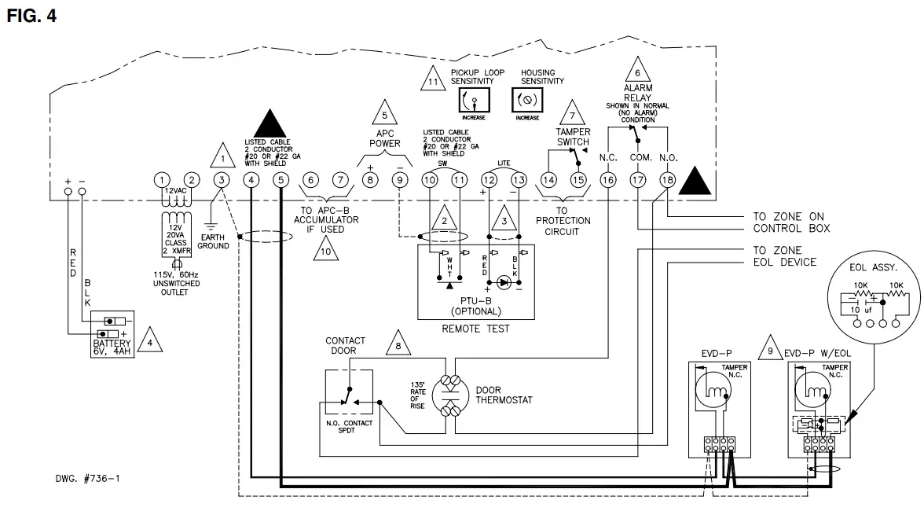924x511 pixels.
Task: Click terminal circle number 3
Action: pyautogui.click(x=222, y=180)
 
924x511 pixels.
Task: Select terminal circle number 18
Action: pyautogui.click(x=668, y=180)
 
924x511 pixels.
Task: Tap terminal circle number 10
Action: pyautogui.click(x=429, y=180)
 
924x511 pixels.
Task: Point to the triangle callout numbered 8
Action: pyautogui.click(x=398, y=344)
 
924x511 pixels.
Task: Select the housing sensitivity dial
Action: pyautogui.click(x=526, y=100)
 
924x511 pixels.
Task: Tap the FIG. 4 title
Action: pyautogui.click(x=31, y=16)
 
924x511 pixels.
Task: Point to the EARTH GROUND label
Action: pyautogui.click(x=214, y=241)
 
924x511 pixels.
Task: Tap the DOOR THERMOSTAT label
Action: pyautogui.click(x=504, y=395)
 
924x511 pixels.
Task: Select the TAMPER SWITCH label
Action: pyautogui.click(x=573, y=137)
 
